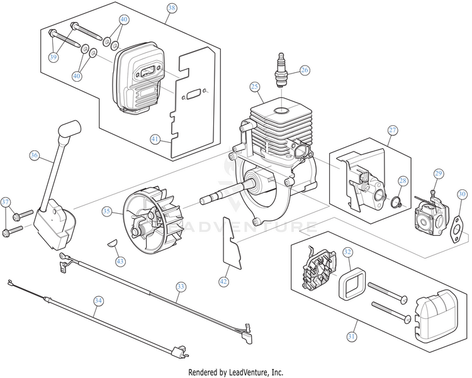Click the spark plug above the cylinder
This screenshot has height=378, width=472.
point(281,70)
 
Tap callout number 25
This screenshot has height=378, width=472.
point(255,87)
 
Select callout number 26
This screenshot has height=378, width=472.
point(305,70)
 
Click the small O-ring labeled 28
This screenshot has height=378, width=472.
point(396,202)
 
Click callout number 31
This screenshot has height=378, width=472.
point(352,336)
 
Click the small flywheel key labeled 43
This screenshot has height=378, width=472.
point(112,243)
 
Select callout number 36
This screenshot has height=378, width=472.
point(35,155)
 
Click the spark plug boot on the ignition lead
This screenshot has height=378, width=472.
point(69,129)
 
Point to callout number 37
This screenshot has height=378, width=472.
point(5,202)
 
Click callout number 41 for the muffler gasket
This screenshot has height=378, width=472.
point(155,139)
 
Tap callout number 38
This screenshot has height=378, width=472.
point(172,8)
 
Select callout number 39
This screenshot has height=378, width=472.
point(53,57)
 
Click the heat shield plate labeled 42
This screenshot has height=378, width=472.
point(232,243)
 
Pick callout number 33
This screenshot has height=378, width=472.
point(181,286)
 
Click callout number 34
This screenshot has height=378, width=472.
point(98,301)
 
